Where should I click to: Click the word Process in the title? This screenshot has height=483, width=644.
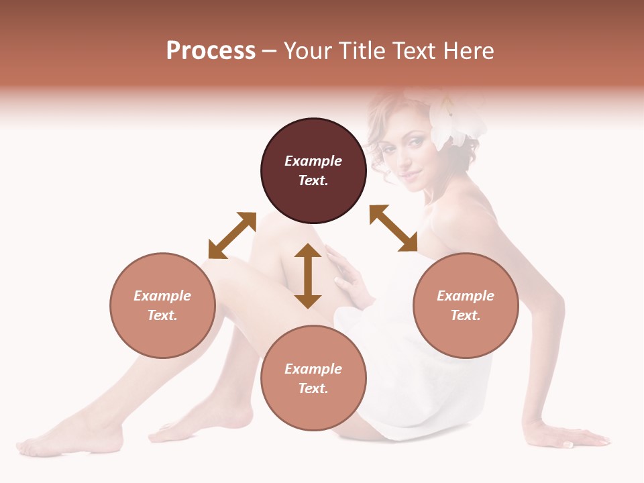tap(211, 51)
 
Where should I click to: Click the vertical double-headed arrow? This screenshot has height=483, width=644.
tap(308, 276)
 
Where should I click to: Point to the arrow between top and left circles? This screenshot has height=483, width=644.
tap(232, 235)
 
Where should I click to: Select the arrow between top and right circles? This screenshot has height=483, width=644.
tap(393, 228)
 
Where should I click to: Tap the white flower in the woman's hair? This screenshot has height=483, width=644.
tap(456, 121)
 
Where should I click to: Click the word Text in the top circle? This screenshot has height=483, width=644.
tap(313, 180)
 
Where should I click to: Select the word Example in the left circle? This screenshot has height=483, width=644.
tap(162, 296)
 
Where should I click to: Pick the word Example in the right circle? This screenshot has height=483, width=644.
tap(466, 296)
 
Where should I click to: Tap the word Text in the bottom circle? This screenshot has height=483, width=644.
tap(313, 388)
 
